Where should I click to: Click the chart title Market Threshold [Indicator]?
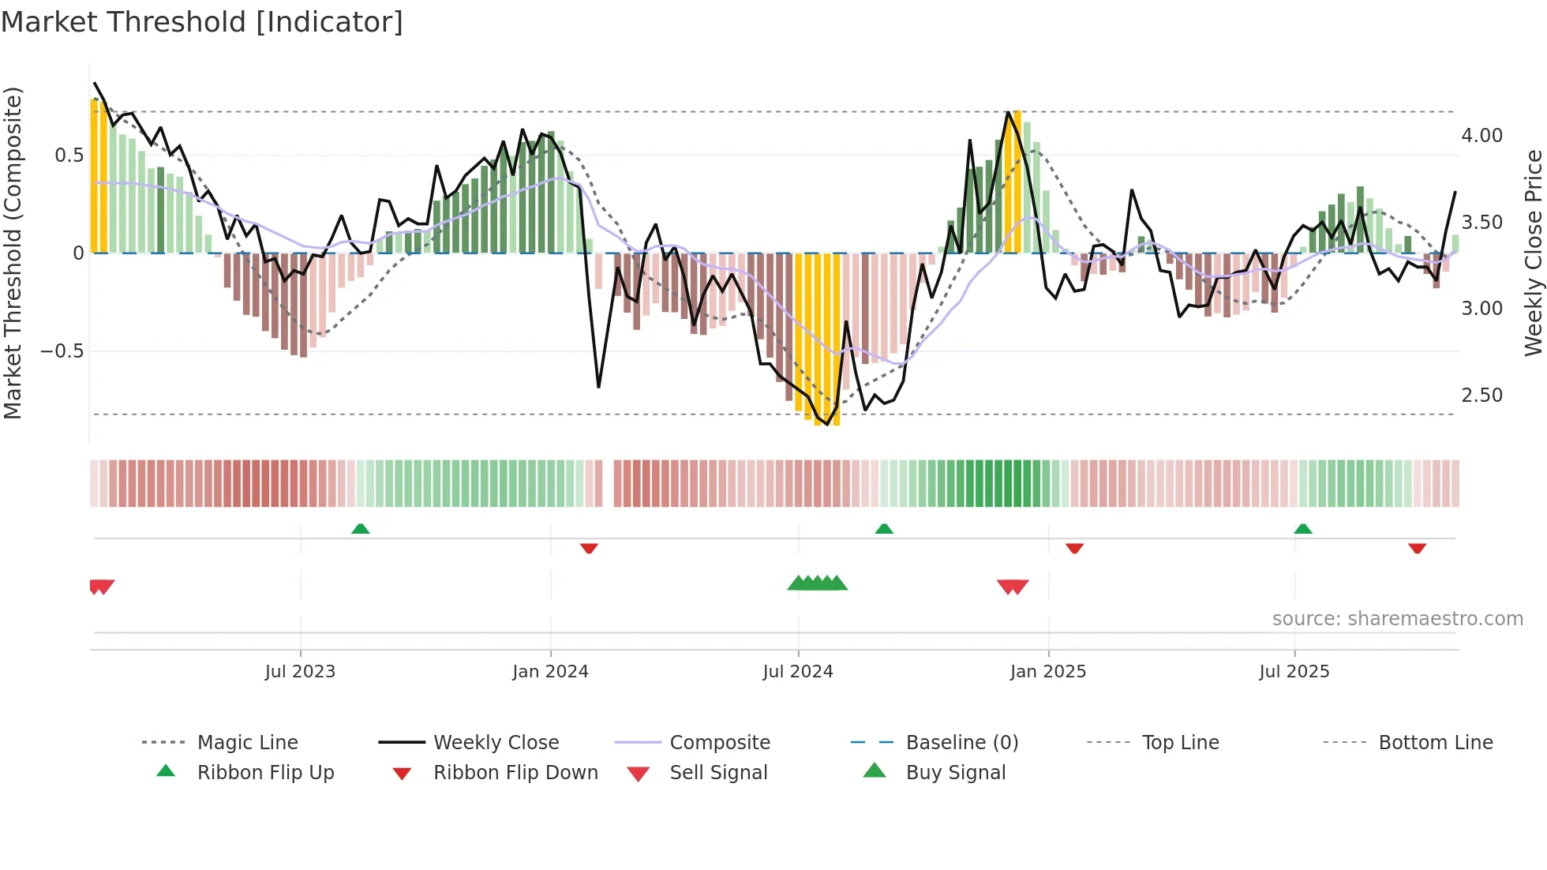tap(202, 22)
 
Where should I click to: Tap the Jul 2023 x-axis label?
tap(300, 672)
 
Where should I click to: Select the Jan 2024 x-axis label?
tap(550, 672)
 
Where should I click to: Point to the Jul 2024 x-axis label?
tap(798, 672)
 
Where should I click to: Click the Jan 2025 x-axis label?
tap(1048, 672)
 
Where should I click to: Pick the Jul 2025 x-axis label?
tap(1294, 672)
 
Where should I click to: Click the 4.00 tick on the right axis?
tap(1481, 136)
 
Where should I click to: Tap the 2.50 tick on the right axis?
tap(1481, 396)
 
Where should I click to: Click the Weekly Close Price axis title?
tap(1533, 253)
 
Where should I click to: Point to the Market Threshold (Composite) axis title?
tap(13, 253)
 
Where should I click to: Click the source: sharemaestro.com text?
tap(1397, 619)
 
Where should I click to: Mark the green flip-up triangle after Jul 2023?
tap(360, 529)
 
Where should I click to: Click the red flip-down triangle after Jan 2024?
tap(589, 548)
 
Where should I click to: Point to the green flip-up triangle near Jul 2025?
tap(1303, 529)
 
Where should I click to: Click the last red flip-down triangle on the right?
tap(1417, 548)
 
